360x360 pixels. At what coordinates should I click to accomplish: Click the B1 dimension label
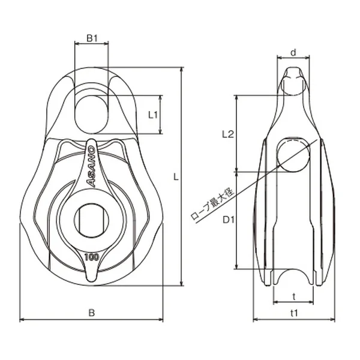92,38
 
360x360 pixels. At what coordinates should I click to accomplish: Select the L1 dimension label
153,115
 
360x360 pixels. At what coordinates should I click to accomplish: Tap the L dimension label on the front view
176,177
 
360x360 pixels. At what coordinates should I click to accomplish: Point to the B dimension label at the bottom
92,313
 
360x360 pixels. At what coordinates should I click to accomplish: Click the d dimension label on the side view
293,53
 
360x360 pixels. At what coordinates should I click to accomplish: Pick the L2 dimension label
228,134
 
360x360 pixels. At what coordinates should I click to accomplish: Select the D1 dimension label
229,220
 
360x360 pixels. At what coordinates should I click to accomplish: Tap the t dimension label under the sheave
294,296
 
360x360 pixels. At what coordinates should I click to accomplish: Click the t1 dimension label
294,313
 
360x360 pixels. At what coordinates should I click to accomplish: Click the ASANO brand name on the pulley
91,166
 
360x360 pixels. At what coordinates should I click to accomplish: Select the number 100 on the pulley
92,257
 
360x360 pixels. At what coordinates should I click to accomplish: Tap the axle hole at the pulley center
91,220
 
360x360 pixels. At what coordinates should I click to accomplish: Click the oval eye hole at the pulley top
91,114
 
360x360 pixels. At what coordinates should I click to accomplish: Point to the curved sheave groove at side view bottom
293,276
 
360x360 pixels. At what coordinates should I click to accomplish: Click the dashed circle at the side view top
293,86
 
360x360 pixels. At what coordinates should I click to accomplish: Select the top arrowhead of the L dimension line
182,70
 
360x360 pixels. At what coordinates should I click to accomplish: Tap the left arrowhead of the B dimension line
22,319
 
